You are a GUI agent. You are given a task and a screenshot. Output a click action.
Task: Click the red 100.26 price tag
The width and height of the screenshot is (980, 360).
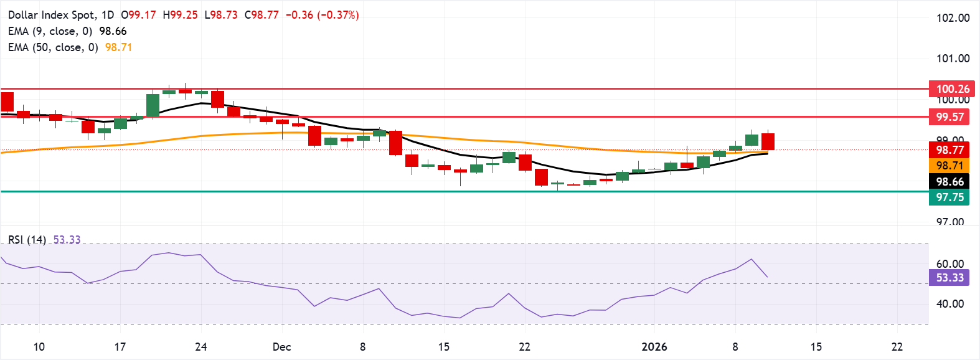coord(953,89)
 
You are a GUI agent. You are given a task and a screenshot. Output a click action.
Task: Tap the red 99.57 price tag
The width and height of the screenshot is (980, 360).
coord(949,117)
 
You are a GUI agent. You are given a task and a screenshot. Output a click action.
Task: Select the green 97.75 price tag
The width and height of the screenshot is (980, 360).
coord(949,197)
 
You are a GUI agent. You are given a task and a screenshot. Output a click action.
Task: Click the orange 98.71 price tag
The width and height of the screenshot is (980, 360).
coord(949,166)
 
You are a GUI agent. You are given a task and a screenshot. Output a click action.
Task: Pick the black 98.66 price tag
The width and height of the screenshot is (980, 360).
coord(949,182)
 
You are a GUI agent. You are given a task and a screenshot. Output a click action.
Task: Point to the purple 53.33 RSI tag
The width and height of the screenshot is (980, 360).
coord(949,278)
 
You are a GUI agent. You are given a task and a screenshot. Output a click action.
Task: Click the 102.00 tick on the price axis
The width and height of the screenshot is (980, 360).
coord(953,18)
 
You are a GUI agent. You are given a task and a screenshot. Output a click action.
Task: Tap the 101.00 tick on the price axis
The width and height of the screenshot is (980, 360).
coord(953,59)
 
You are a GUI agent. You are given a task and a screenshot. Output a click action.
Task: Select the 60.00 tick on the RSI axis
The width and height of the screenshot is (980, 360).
coord(949,264)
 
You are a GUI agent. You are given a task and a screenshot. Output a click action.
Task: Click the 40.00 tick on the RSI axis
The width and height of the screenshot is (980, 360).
coord(949,304)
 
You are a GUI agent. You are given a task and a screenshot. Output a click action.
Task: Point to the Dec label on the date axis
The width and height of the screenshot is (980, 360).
coord(281,347)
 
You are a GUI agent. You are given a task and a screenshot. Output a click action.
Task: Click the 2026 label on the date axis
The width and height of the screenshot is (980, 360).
coord(654,347)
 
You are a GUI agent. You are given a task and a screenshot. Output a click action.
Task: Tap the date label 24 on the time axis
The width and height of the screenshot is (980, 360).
coord(200,347)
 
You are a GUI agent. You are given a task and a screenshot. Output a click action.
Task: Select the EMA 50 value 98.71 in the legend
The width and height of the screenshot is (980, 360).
coord(118,47)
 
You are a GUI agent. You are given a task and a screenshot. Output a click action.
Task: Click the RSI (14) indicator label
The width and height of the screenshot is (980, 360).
coord(27,240)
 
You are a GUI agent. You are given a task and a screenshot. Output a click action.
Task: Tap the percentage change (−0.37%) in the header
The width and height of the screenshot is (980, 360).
coord(338,15)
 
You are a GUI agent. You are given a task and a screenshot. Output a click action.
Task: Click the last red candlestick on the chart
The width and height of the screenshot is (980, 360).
coord(768,141)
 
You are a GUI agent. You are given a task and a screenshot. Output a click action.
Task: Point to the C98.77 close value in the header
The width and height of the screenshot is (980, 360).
coord(261,15)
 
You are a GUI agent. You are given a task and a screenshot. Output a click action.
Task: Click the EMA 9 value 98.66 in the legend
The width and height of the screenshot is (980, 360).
coord(113,31)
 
